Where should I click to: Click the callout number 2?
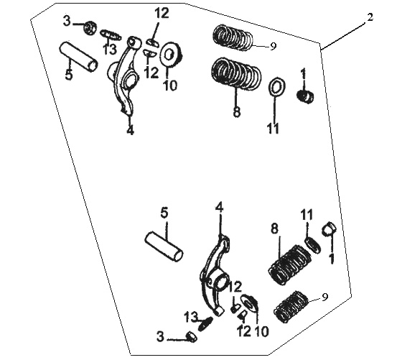[x=370, y=17]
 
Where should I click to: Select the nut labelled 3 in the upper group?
[x=90, y=28]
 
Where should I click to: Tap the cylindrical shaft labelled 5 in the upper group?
[x=78, y=56]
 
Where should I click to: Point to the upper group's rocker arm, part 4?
[x=125, y=75]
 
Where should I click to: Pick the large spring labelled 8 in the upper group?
[x=236, y=73]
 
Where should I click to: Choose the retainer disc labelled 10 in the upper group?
[x=170, y=55]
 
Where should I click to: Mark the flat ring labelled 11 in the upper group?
[x=276, y=87]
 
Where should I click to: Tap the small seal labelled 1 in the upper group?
[x=306, y=96]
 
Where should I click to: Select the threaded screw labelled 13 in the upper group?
[x=110, y=35]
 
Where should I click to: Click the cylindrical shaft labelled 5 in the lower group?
[x=164, y=246]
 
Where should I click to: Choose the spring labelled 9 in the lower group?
[x=291, y=307]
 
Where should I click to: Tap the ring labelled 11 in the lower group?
[x=313, y=245]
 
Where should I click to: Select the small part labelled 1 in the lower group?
[x=329, y=228]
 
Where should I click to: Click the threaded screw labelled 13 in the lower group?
[x=206, y=323]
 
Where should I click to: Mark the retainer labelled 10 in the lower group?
[x=249, y=303]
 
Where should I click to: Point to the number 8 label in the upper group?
[x=237, y=111]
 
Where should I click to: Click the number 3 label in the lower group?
[x=160, y=337]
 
